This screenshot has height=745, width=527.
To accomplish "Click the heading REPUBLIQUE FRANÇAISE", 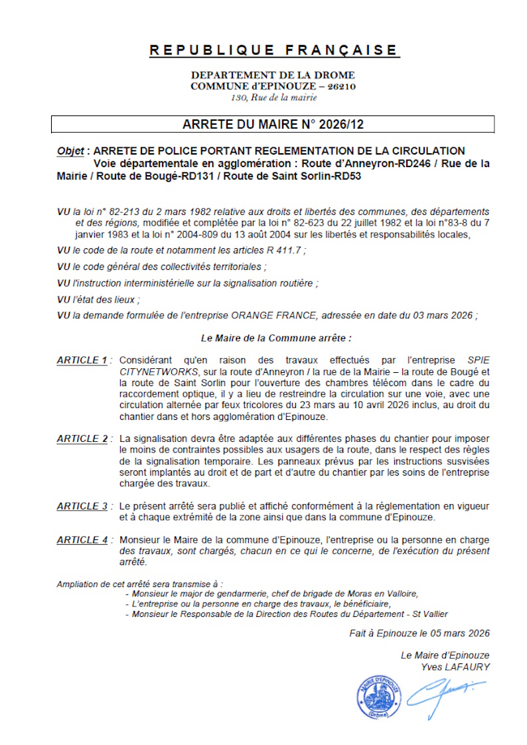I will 273,50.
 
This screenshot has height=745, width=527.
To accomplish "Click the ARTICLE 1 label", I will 82,360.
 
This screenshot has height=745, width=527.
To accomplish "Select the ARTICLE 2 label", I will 82,439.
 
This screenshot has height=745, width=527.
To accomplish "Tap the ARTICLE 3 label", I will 82,506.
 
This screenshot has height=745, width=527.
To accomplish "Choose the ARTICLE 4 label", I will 82,540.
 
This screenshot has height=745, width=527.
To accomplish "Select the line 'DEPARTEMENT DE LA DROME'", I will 273,75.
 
